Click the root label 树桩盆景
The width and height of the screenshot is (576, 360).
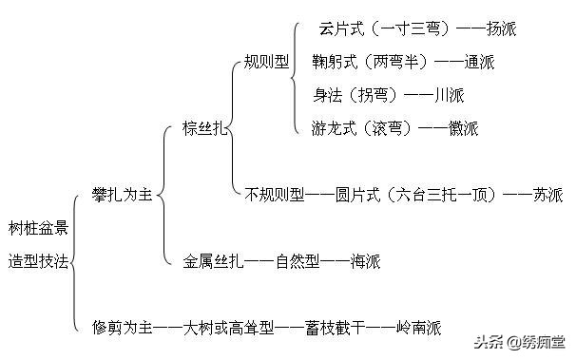[37, 228]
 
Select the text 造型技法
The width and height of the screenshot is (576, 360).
[37, 259]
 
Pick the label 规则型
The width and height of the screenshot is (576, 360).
[266, 62]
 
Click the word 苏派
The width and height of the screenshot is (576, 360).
[547, 196]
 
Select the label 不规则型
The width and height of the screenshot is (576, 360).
[275, 196]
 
